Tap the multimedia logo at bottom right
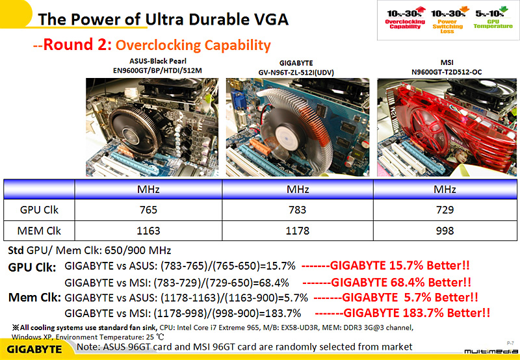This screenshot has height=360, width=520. [488, 351]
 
